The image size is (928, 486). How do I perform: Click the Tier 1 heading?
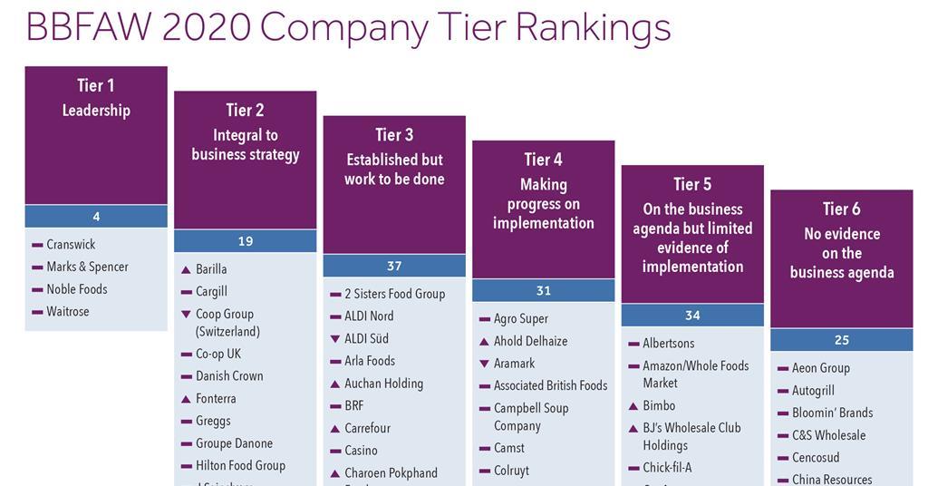96,85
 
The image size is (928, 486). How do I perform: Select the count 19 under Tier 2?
245,241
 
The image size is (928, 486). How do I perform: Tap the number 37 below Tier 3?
394,266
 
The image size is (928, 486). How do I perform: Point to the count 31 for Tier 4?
543,290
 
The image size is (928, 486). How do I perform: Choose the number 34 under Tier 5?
692,316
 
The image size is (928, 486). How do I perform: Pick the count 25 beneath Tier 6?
841,340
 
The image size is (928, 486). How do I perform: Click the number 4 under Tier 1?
96,217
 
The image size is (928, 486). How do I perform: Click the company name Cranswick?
71,245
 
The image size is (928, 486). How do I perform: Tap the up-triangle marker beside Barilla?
186,269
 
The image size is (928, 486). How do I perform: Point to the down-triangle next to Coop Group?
186,314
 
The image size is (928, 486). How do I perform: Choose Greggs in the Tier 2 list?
213,421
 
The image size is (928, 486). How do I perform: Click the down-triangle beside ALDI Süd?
334,338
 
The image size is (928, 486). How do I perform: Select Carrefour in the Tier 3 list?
367,428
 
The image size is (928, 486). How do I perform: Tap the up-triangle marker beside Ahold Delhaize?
484,341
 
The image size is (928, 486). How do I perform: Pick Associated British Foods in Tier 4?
550,386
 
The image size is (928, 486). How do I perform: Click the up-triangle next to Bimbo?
633,406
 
